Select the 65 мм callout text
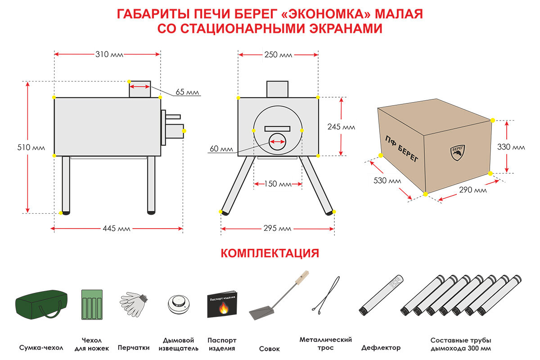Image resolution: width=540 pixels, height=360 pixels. click(187, 92)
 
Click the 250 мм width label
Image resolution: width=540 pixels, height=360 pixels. click(278, 55)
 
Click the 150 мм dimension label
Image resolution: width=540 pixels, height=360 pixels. click(278, 184)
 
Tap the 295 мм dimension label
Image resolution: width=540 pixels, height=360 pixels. click(278, 229)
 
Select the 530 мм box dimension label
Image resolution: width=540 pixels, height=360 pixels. click(387, 181)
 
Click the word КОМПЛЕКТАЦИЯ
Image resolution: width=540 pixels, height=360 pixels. click(270, 253)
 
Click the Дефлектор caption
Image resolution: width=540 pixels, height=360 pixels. click(381, 348)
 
